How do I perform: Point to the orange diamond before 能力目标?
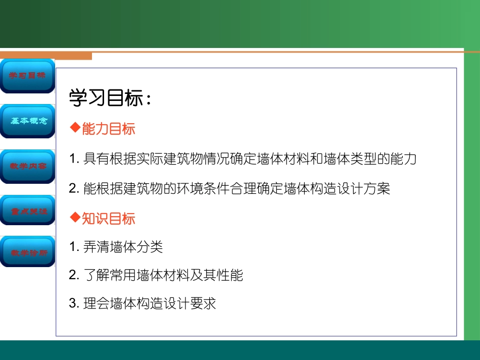click(x=75, y=128)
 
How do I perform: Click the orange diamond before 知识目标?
click(x=75, y=218)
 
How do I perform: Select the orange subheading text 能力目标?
click(x=109, y=129)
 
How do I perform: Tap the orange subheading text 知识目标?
click(x=109, y=219)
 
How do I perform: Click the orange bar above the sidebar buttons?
click(x=46, y=55)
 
